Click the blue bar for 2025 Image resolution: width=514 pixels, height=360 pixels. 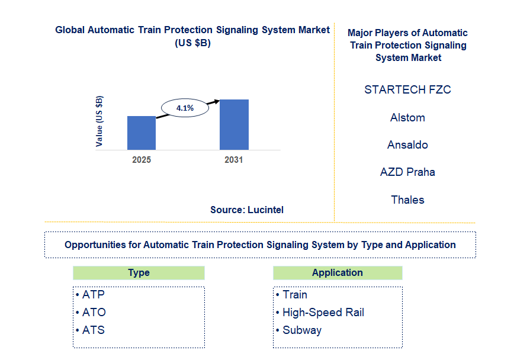pyautogui.click(x=142, y=133)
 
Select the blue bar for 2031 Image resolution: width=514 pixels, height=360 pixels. pyautogui.click(x=234, y=124)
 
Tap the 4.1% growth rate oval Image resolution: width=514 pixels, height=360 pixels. pyautogui.click(x=185, y=108)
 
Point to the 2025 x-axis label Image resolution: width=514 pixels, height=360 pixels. pyautogui.click(x=142, y=160)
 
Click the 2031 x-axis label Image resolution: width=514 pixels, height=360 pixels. pyautogui.click(x=234, y=160)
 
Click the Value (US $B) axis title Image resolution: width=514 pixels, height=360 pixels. pyautogui.click(x=99, y=121)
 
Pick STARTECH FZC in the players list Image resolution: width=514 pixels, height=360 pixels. pyautogui.click(x=407, y=90)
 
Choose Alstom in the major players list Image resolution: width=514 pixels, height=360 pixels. pyautogui.click(x=407, y=118)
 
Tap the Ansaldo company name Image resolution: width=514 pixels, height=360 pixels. pyautogui.click(x=407, y=145)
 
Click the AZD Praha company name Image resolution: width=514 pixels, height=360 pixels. pyautogui.click(x=407, y=172)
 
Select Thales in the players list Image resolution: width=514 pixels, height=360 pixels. pyautogui.click(x=407, y=200)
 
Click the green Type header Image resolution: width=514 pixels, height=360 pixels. pyautogui.click(x=139, y=273)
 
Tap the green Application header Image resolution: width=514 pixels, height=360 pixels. pyautogui.click(x=338, y=273)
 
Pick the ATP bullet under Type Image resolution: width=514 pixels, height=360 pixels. pyautogui.click(x=94, y=294)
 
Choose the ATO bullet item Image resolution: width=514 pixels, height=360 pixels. pyautogui.click(x=94, y=312)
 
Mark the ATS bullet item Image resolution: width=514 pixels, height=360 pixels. pyautogui.click(x=94, y=330)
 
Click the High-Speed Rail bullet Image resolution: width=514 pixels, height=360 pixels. pyautogui.click(x=323, y=312)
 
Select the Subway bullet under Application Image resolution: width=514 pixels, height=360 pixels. pyautogui.click(x=301, y=330)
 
